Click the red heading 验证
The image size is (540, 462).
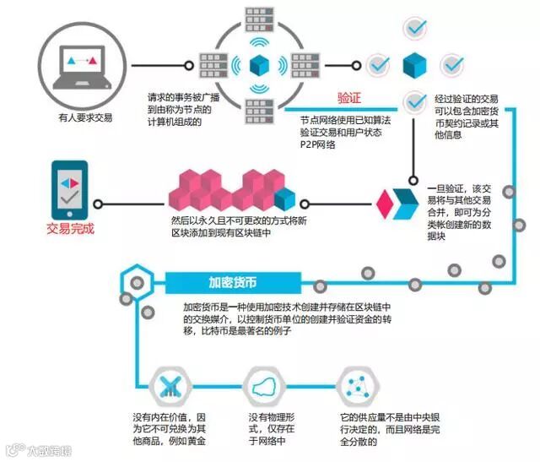[349, 98]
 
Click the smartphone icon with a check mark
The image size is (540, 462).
[71, 190]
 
